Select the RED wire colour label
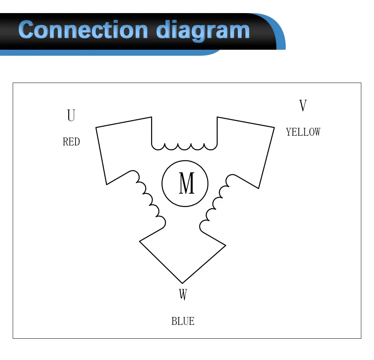[71, 142]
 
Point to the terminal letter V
[303, 106]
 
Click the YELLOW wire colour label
[303, 132]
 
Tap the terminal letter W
[183, 295]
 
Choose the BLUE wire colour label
[183, 321]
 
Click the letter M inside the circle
[186, 183]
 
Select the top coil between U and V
[184, 146]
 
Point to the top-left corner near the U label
[96, 128]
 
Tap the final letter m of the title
[239, 31]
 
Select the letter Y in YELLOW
[288, 132]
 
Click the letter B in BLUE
[174, 321]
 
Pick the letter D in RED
[77, 142]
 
